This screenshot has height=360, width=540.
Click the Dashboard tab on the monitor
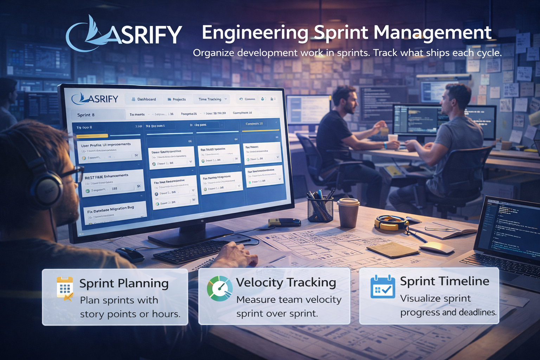(x=144, y=99)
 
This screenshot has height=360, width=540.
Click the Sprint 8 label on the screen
(x=86, y=115)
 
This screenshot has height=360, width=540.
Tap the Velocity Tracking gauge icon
(x=219, y=289)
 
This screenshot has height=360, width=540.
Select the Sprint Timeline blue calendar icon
(x=382, y=287)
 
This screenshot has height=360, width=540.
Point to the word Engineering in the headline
(x=255, y=33)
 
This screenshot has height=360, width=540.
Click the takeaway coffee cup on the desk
(x=348, y=213)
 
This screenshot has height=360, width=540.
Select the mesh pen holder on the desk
(x=320, y=209)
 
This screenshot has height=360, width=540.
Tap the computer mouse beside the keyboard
(x=130, y=254)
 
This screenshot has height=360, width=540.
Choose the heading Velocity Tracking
(x=286, y=282)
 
